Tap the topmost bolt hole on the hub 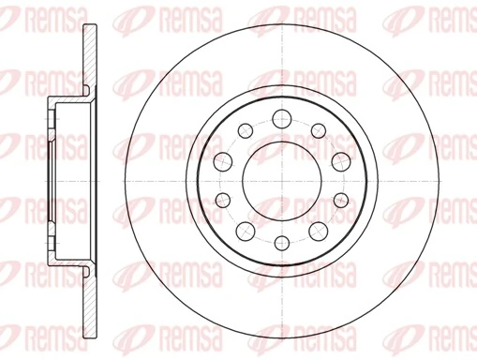280,116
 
